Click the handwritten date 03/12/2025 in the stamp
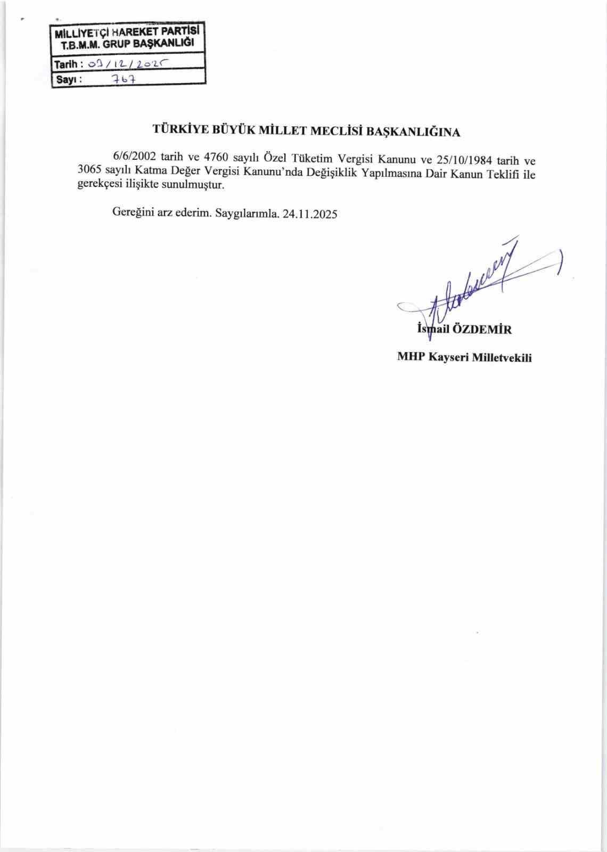click(x=126, y=63)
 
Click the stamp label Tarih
click(x=67, y=64)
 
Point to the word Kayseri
click(x=447, y=357)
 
